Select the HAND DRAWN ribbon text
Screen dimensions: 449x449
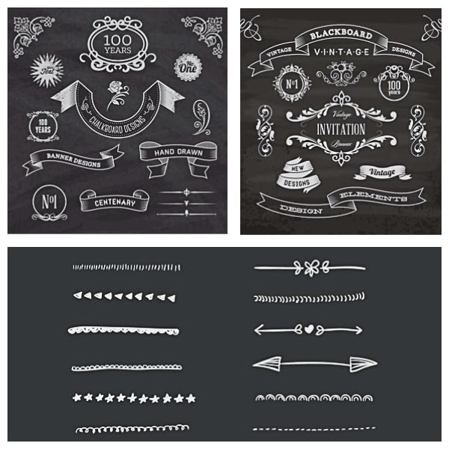click(x=173, y=152)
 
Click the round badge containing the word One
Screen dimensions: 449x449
click(x=187, y=67)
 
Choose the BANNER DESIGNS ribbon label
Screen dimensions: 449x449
click(x=73, y=158)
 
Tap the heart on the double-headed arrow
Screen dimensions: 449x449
click(x=309, y=329)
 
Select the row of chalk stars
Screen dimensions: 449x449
click(x=134, y=398)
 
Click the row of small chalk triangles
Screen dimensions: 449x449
click(x=124, y=296)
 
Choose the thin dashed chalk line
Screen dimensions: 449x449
click(x=314, y=429)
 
